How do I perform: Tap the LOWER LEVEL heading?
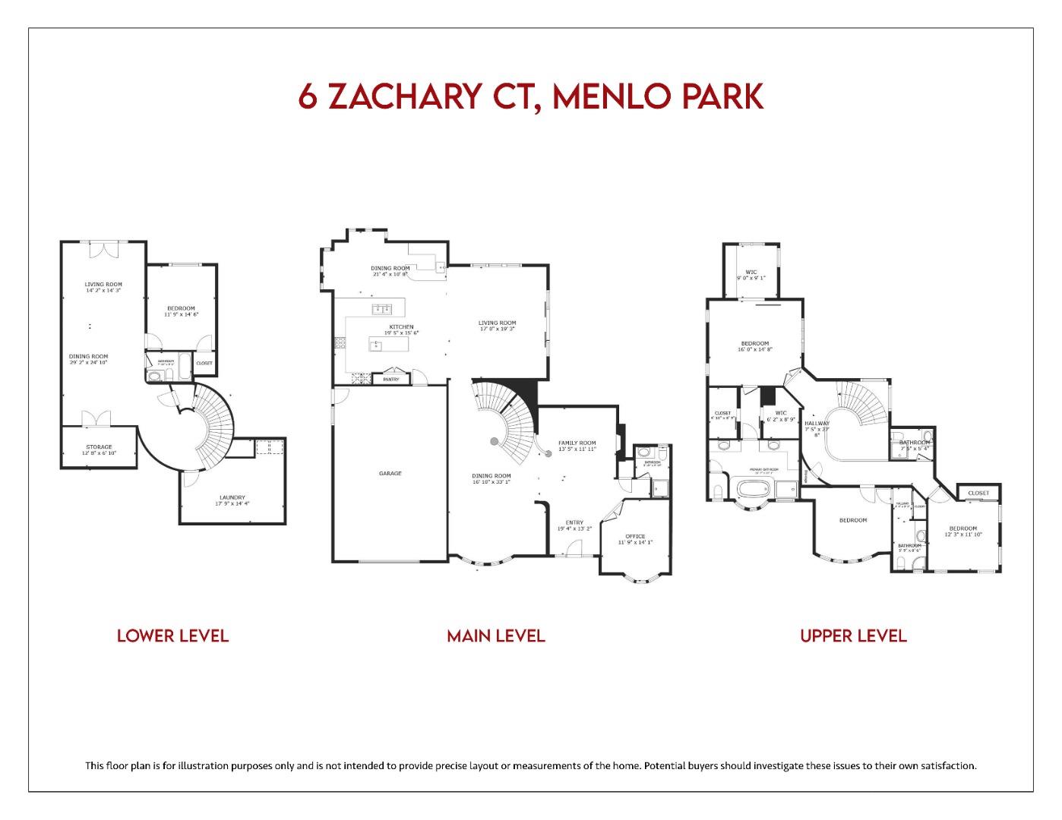tap(172, 635)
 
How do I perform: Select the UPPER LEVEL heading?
tap(853, 635)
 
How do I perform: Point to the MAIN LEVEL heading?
tap(495, 635)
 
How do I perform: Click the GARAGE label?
tap(390, 474)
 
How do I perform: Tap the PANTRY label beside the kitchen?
tap(391, 379)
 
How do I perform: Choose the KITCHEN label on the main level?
tap(401, 327)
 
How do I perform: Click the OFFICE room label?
tap(634, 537)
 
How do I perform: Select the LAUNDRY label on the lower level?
tap(232, 498)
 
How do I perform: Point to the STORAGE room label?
tap(99, 447)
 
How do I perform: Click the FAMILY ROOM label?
tap(577, 443)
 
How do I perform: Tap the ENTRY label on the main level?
tap(574, 522)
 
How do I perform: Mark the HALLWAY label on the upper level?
tap(817, 424)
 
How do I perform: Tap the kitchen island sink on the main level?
tap(375, 345)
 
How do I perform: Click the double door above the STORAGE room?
tap(96, 418)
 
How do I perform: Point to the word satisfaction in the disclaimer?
tap(943, 765)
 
